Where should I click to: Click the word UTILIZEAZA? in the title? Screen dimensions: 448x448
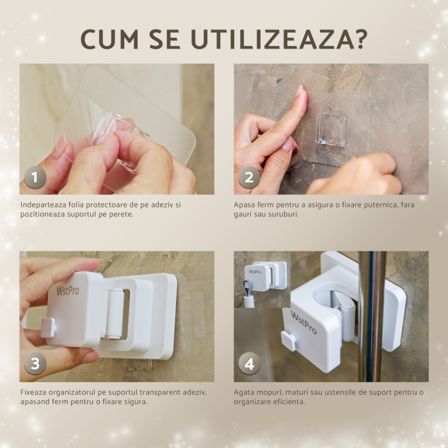(x=279, y=39)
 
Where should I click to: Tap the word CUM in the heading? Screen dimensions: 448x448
(x=109, y=39)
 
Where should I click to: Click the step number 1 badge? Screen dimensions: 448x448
(x=35, y=177)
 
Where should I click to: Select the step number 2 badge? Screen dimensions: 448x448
(x=249, y=177)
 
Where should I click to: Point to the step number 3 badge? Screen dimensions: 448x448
(x=35, y=364)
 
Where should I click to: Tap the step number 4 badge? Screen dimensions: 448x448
(x=250, y=364)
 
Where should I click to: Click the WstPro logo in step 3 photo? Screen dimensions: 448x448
(x=68, y=291)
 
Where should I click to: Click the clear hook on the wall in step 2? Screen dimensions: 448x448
(x=331, y=130)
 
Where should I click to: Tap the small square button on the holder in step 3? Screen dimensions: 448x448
(x=48, y=328)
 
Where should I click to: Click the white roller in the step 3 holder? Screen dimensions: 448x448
(x=115, y=314)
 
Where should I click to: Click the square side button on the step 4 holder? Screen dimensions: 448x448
(x=288, y=341)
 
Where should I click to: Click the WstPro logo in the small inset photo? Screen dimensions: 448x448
(x=255, y=272)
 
